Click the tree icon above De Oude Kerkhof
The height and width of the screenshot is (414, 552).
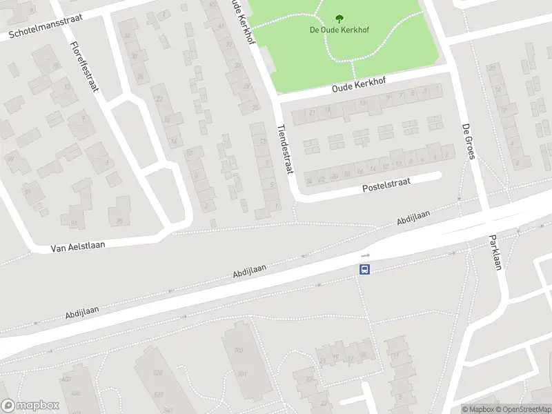tap(338, 19)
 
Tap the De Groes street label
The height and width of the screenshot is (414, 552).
tap(467, 141)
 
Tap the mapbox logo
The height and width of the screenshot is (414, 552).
tap(29, 406)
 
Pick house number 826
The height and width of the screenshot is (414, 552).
tap(157, 373)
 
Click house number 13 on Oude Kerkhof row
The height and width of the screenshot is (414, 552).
tap(362, 103)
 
